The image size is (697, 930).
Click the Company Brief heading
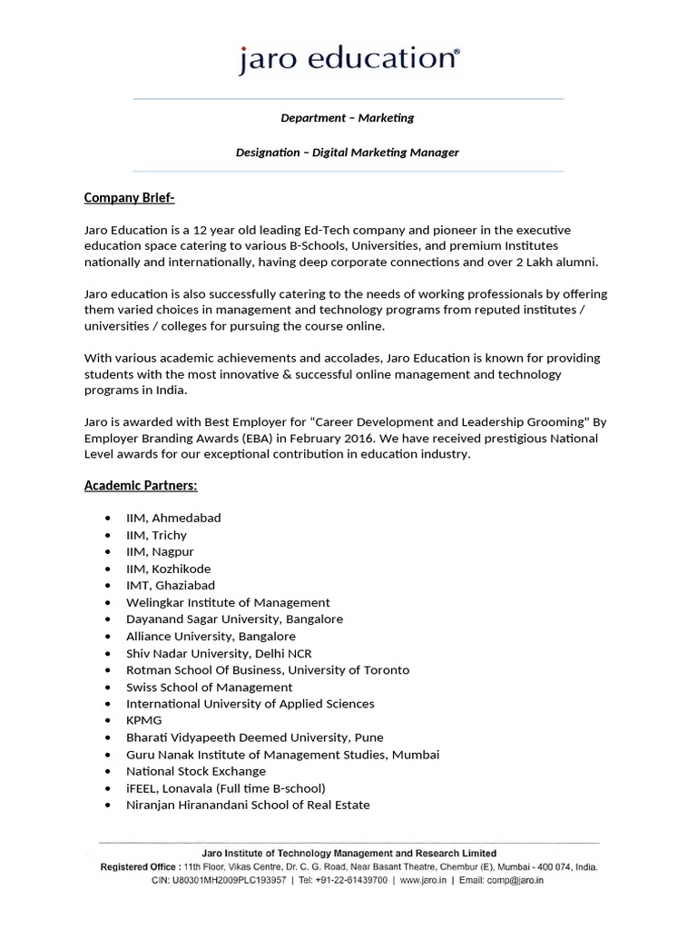pos(129,198)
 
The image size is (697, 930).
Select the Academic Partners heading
pos(141,486)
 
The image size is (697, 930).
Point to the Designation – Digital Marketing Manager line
pos(348,153)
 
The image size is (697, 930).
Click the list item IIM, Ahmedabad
pos(173,518)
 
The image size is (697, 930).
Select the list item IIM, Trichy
pos(156,535)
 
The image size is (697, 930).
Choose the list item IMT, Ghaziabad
pos(171,586)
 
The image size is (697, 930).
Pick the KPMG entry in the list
pos(144,720)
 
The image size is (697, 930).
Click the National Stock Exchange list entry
pos(196,771)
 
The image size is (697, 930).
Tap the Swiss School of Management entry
pos(209,687)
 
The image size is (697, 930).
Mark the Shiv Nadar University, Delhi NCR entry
pos(219,653)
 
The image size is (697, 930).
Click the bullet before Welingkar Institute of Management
pos(108,603)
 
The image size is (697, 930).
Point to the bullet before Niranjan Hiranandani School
pos(108,806)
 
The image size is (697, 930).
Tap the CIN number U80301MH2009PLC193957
pos(234,880)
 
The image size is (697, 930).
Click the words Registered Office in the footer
pos(138,867)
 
